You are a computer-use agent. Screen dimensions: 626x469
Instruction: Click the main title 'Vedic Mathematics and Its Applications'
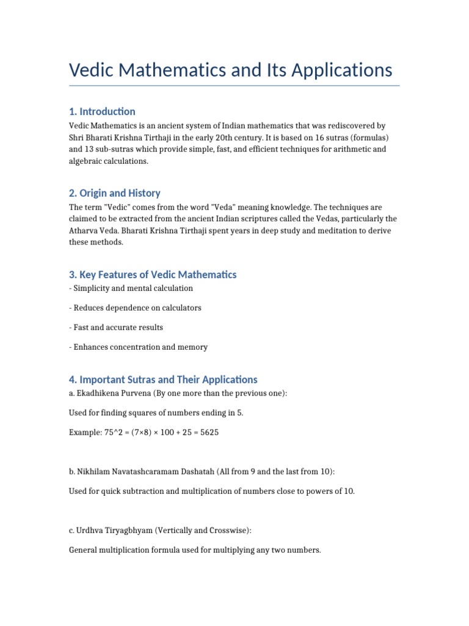click(x=230, y=70)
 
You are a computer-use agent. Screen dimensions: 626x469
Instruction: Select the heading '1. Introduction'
click(x=102, y=111)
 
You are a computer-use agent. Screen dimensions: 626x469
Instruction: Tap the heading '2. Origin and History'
click(x=114, y=193)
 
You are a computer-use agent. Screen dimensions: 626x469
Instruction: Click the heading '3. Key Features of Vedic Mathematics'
click(x=152, y=274)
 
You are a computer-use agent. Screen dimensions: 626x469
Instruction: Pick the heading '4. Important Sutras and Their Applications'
click(x=163, y=380)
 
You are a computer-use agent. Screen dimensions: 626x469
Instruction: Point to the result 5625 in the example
click(x=208, y=432)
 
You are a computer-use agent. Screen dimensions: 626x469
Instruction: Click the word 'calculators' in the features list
click(x=180, y=307)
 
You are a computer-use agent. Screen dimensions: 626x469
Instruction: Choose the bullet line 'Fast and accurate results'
click(x=116, y=327)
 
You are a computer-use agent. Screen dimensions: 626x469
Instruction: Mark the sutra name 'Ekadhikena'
click(x=100, y=393)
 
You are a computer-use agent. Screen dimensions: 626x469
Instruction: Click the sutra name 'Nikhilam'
click(x=95, y=472)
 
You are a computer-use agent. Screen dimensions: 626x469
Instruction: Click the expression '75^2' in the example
click(x=113, y=432)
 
